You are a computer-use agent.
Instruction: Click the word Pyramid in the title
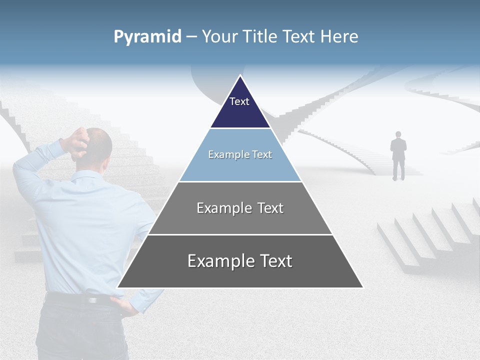(x=147, y=37)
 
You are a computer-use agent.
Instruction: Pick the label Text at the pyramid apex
(x=239, y=101)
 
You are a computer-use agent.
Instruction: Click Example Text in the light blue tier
(x=240, y=154)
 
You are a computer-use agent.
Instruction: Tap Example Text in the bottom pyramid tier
(x=240, y=261)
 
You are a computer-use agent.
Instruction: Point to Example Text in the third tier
(x=240, y=208)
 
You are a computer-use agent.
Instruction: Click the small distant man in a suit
(x=398, y=155)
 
